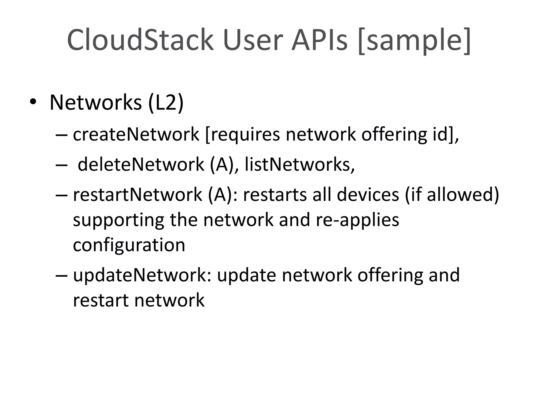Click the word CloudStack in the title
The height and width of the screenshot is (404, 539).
140,40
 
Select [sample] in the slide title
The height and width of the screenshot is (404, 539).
415,41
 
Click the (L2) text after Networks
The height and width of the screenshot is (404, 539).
166,103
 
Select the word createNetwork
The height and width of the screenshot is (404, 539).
136,134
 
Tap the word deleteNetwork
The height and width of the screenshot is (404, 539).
141,164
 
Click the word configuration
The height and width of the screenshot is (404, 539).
129,245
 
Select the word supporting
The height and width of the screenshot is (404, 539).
118,220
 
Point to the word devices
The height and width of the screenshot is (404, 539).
368,195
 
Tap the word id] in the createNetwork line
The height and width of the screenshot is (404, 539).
442,134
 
